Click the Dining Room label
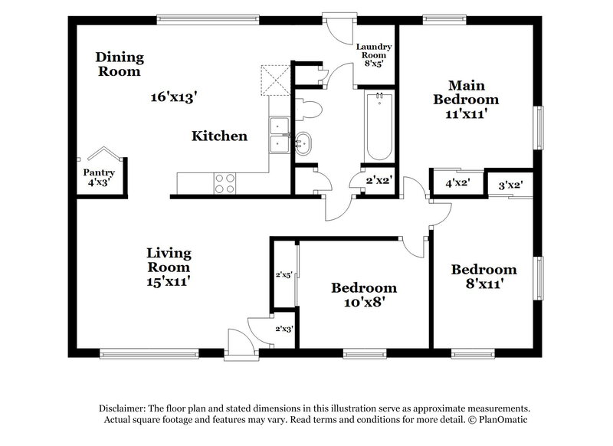[x=119, y=64]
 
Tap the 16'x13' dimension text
[x=174, y=97]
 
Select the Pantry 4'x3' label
[x=98, y=178]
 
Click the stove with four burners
[x=225, y=183]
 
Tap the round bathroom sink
[x=303, y=143]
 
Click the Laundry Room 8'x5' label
[x=375, y=55]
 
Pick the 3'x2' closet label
[x=510, y=185]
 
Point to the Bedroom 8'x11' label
[x=484, y=277]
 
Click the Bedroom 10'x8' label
[x=364, y=295]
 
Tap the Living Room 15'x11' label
[x=169, y=267]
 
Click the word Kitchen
[x=219, y=136]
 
